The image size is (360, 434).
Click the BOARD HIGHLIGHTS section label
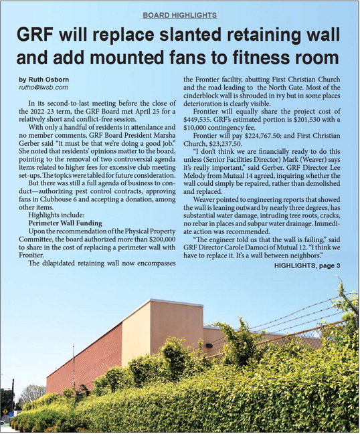pos(180,15)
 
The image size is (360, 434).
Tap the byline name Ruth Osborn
pos(42,79)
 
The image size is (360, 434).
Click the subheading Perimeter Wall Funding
pos(64,222)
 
